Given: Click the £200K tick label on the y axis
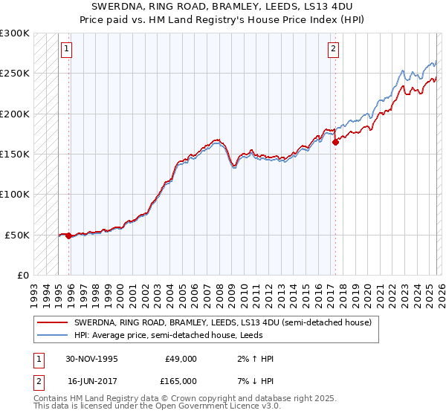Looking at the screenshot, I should coord(15,114).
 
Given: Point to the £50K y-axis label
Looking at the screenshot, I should coord(17,235).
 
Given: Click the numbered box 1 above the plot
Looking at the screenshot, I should coord(66,50).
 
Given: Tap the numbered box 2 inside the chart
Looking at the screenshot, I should coord(332,50).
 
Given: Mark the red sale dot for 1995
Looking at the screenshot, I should coord(69,235).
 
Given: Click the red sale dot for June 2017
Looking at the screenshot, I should coord(335,142).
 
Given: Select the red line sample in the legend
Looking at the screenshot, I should coord(52,323).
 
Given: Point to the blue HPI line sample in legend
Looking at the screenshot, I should coord(52,336).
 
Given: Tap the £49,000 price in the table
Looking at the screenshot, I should coord(181,359).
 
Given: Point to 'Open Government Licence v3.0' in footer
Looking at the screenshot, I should coord(219,407).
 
